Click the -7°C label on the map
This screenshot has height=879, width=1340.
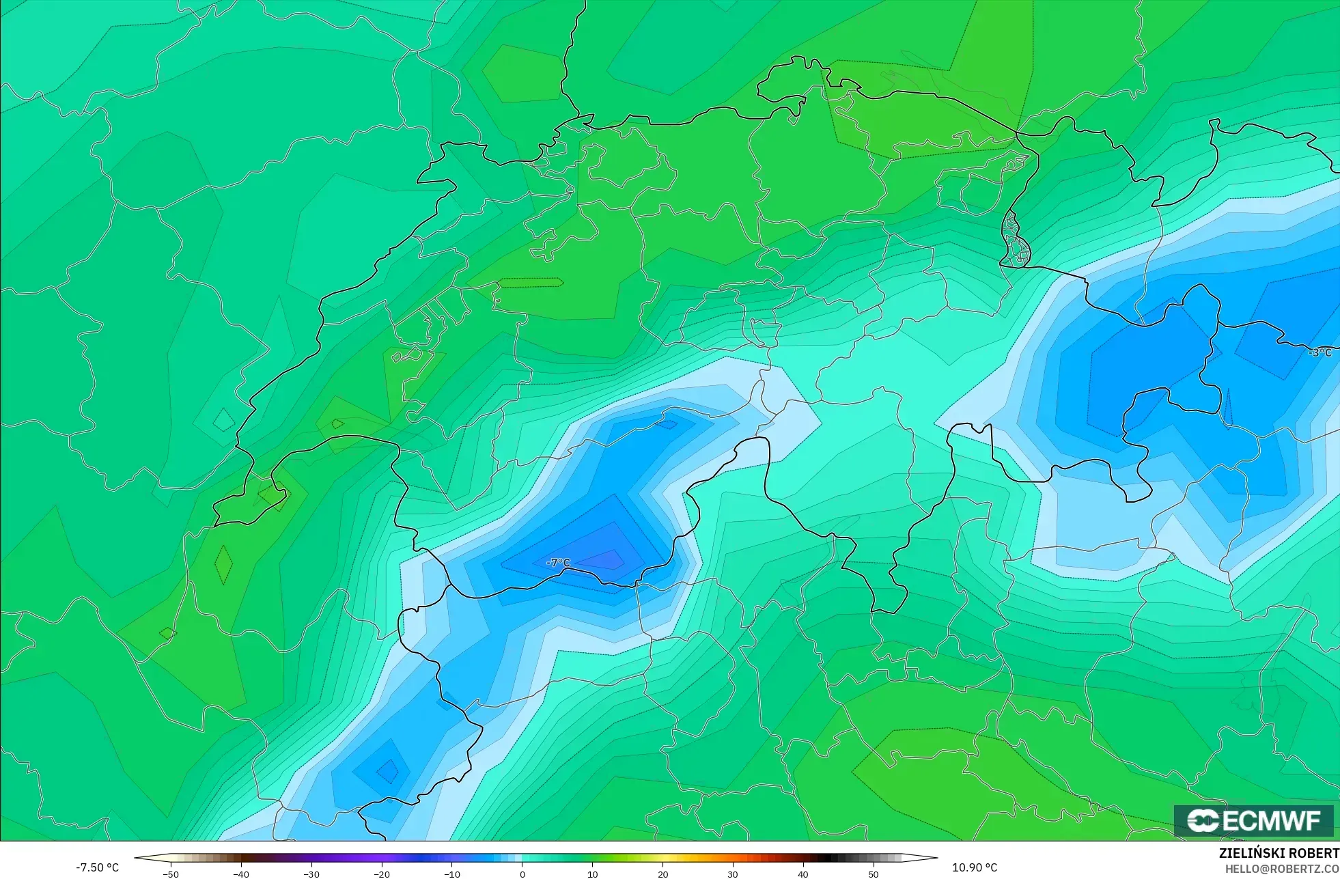pos(558,563)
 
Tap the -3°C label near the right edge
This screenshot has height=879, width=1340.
pos(1320,352)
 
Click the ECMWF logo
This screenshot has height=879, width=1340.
pos(1253,820)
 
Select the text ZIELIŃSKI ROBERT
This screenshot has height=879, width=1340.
pos(1279,853)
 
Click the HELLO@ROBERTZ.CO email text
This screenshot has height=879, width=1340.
pos(1281,869)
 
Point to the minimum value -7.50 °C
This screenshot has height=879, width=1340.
pos(97,867)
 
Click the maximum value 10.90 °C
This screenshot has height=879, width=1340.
pos(975,867)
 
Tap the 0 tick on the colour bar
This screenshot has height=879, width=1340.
pos(522,874)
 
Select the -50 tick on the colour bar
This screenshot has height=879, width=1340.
pos(171,874)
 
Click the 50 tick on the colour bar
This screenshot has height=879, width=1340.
pos(874,874)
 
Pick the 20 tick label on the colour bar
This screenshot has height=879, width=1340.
pos(662,874)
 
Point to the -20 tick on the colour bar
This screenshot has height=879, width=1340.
pos(382,874)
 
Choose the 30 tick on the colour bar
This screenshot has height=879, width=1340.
pos(733,874)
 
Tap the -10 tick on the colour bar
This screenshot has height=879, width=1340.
pos(452,874)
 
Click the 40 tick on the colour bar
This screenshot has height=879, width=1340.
pos(803,874)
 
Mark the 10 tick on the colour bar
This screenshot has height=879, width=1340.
pos(592,874)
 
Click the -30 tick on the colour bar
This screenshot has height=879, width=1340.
pos(311,874)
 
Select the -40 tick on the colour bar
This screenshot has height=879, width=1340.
pos(241,874)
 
